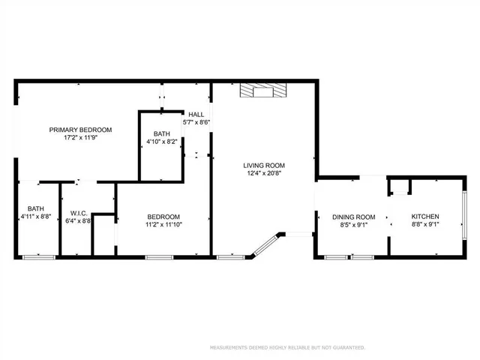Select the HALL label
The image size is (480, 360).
point(196,115)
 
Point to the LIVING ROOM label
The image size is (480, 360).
point(264,165)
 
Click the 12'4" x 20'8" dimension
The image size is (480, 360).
point(264,173)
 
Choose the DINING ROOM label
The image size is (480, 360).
point(353,217)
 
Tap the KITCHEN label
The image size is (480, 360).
point(425,217)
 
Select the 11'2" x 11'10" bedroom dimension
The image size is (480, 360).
point(163,223)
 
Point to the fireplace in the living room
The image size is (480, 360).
point(262,91)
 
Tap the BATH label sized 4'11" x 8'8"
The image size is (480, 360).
point(36,209)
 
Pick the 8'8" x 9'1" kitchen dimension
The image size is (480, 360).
point(425,224)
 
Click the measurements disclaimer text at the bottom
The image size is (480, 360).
point(287,347)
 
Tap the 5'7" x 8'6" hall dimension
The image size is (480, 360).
point(196,122)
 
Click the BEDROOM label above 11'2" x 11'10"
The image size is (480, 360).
point(163,215)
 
